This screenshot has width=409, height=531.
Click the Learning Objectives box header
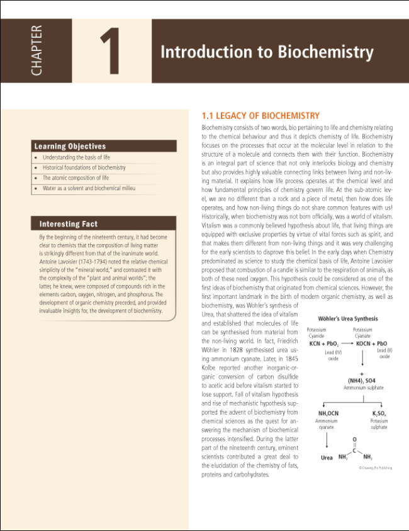70,146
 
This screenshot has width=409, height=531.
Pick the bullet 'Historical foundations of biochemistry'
84,168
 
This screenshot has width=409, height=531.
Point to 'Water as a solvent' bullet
88,188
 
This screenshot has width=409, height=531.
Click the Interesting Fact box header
69,224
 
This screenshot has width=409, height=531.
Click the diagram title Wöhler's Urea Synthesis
348,319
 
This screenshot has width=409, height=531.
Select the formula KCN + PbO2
324,344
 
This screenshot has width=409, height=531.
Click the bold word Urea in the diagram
327,457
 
